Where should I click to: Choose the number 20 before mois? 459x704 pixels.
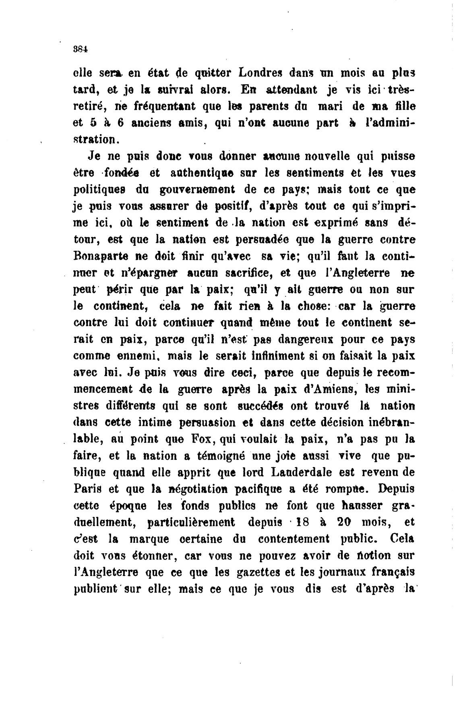click(345, 522)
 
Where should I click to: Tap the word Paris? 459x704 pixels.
click(88, 489)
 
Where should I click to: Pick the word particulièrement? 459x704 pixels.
click(191, 523)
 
